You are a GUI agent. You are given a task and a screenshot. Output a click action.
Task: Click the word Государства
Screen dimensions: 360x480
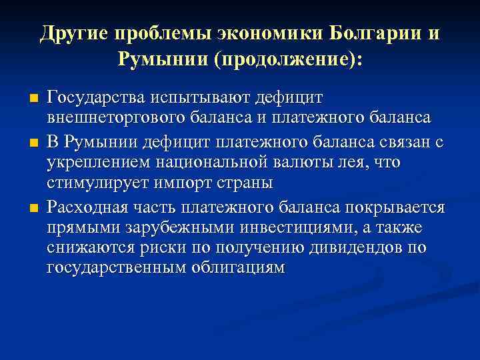(x=98, y=97)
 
